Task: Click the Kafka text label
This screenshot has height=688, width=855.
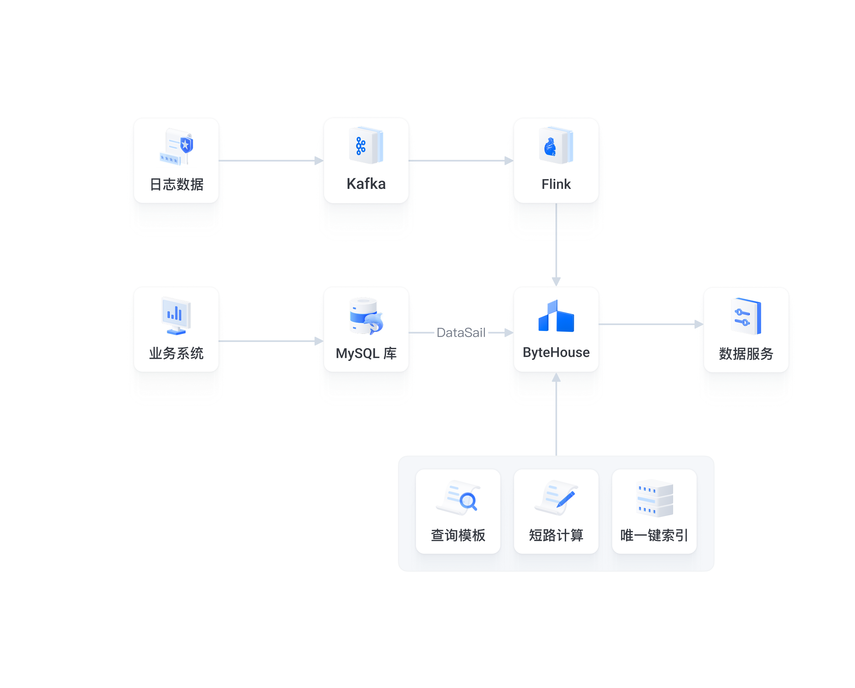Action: pos(366,184)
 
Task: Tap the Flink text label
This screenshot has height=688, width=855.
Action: pos(556,184)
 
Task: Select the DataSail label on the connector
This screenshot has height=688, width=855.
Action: pos(461,333)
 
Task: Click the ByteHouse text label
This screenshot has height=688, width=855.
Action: pos(556,352)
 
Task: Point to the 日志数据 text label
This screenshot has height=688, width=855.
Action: pos(177,184)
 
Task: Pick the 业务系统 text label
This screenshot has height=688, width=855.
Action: pos(177,353)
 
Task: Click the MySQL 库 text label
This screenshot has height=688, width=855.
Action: pos(366,353)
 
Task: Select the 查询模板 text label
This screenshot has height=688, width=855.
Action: pos(458,535)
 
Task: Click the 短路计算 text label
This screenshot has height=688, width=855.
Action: pos(556,535)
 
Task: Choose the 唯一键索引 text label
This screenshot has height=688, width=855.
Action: pos(654,535)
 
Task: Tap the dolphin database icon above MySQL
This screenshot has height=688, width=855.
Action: pos(366,317)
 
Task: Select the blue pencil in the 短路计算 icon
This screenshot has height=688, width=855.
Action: pos(566,499)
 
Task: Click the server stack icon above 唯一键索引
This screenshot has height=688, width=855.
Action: pos(654,499)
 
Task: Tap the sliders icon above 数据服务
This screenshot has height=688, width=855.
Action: pos(746,317)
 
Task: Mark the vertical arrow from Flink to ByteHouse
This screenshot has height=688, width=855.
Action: pos(556,244)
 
